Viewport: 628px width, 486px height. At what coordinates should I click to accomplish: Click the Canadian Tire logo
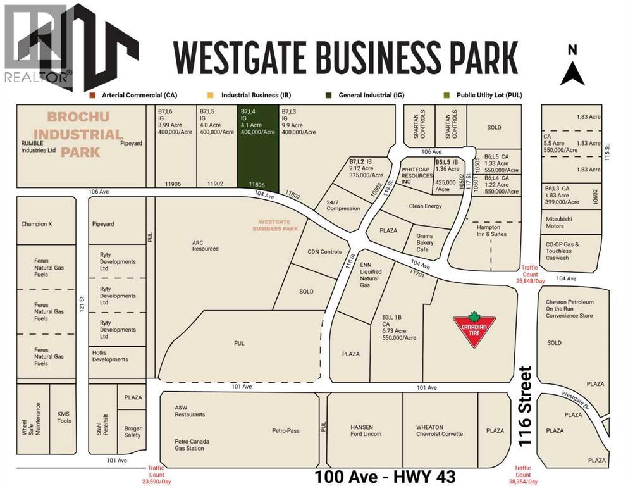(x=473, y=329)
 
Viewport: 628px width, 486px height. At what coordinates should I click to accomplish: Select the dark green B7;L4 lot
(x=257, y=146)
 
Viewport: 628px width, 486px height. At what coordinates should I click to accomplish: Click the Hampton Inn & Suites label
(x=488, y=230)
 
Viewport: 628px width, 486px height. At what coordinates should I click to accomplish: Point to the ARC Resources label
(x=206, y=245)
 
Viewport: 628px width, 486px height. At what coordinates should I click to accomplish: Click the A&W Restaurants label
(x=190, y=411)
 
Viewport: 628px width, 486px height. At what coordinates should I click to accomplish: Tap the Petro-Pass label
(x=286, y=431)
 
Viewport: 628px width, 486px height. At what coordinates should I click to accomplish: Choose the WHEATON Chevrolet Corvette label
(x=440, y=430)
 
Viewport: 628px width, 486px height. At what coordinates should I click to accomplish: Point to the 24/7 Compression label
(x=343, y=204)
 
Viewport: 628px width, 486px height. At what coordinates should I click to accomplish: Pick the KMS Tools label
(x=64, y=417)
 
